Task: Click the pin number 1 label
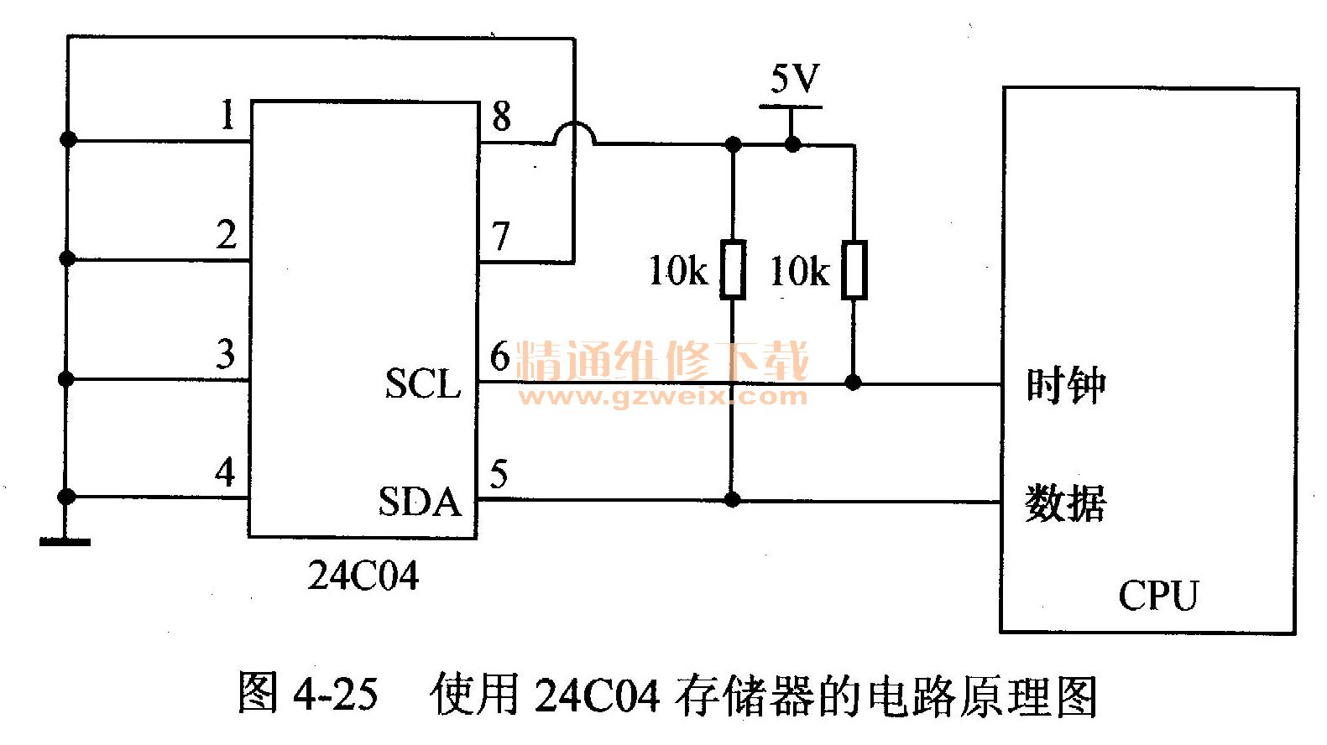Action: pyautogui.click(x=227, y=115)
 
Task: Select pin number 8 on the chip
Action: pyautogui.click(x=501, y=116)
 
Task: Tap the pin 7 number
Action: pyautogui.click(x=501, y=237)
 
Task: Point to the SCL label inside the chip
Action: pyautogui.click(x=423, y=384)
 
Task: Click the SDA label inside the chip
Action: pyautogui.click(x=420, y=502)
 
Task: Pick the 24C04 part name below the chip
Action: pyautogui.click(x=363, y=576)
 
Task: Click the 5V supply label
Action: pyautogui.click(x=794, y=80)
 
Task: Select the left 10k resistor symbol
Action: pyautogui.click(x=733, y=269)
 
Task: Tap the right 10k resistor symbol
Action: pyautogui.click(x=854, y=269)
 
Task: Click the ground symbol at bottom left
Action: pyautogui.click(x=65, y=541)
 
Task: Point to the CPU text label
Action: pyautogui.click(x=1157, y=596)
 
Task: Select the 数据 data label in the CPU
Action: pyautogui.click(x=1065, y=503)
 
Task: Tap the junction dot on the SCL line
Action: pyautogui.click(x=853, y=383)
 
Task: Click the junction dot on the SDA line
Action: pyautogui.click(x=732, y=500)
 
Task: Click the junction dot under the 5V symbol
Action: pyautogui.click(x=792, y=144)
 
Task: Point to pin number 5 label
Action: pyautogui.click(x=499, y=475)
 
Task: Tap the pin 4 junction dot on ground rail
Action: pyautogui.click(x=67, y=497)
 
